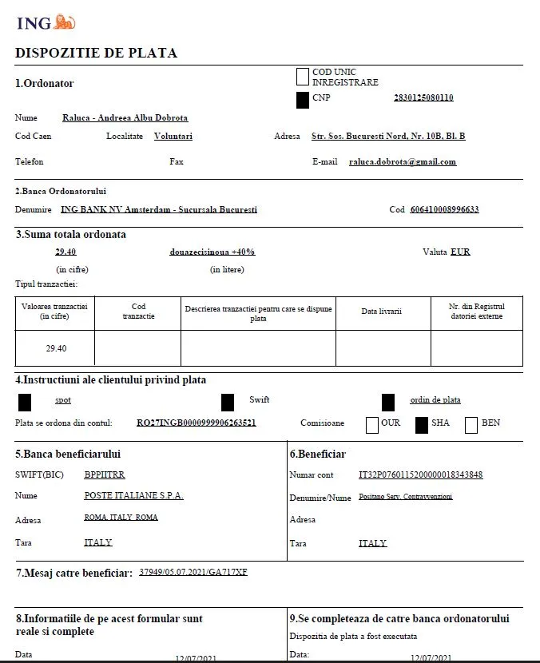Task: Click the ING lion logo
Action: [x=65, y=22]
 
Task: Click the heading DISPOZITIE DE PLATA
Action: [x=96, y=54]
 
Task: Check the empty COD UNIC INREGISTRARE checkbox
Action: [x=302, y=77]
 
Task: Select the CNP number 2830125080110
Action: [x=423, y=97]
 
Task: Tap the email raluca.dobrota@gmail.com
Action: [x=403, y=161]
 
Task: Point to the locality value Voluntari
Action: [x=173, y=137]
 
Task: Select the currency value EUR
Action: [x=460, y=252]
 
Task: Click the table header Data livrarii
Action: [x=381, y=311]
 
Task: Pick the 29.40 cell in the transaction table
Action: [x=55, y=348]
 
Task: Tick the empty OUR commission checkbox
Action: [x=371, y=424]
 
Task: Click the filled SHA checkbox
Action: [x=422, y=424]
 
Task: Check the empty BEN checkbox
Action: [x=471, y=424]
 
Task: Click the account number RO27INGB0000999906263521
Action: [x=197, y=423]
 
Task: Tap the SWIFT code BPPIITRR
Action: [x=105, y=474]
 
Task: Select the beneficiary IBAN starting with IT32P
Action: [x=421, y=474]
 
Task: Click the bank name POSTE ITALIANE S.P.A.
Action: [x=133, y=495]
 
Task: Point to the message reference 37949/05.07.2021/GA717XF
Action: [x=193, y=572]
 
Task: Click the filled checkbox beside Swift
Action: [x=228, y=402]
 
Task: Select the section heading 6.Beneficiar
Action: [x=317, y=455]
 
